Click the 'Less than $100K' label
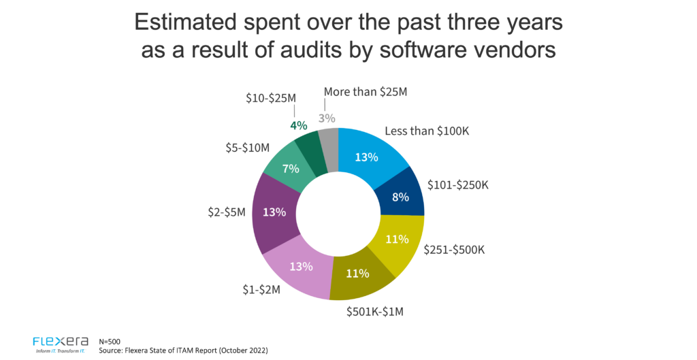(427, 131)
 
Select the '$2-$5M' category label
(227, 212)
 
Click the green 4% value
(299, 125)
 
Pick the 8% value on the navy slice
(400, 197)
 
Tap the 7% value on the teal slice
(291, 168)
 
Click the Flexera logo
(61, 342)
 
